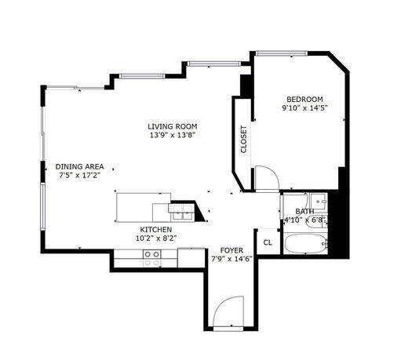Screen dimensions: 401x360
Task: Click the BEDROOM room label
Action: tap(304, 100)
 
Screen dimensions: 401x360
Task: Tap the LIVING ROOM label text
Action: tap(173, 126)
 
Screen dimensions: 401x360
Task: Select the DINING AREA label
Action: tap(79, 166)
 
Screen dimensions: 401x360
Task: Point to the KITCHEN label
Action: tap(156, 230)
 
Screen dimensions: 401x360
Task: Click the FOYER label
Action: tap(231, 250)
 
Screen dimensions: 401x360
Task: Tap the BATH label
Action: tap(304, 211)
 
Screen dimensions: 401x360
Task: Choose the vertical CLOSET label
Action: tap(243, 140)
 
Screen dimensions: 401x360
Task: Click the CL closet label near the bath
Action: tap(268, 242)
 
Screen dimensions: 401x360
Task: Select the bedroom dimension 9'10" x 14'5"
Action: tap(304, 108)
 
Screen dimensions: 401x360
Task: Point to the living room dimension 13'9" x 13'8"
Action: tap(173, 135)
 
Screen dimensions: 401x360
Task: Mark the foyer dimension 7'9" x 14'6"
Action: tap(231, 259)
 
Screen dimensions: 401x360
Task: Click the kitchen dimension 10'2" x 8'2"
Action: tap(156, 238)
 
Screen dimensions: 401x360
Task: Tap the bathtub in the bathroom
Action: tap(305, 243)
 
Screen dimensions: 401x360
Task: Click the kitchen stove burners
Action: tap(152, 258)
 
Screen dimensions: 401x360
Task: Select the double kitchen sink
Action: tap(182, 213)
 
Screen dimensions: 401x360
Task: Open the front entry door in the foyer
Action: tap(228, 311)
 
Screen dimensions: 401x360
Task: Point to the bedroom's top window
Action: tap(282, 53)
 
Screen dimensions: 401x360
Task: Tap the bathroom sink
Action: tap(319, 201)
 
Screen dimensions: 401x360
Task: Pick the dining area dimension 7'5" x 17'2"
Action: tap(79, 175)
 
